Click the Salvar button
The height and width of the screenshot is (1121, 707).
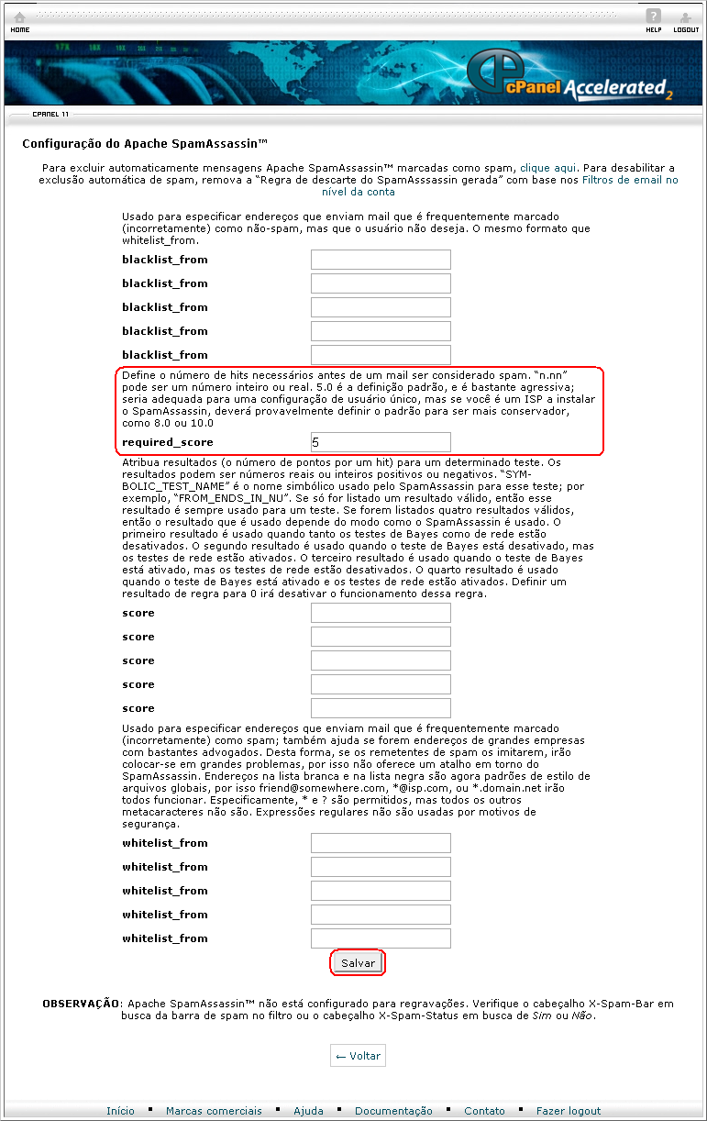pyautogui.click(x=358, y=963)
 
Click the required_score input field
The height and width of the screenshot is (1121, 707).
pyautogui.click(x=381, y=442)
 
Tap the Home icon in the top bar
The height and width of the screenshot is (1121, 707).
pyautogui.click(x=19, y=21)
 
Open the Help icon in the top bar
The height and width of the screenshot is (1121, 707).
pyautogui.click(x=653, y=21)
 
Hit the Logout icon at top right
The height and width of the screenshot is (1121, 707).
pyautogui.click(x=685, y=21)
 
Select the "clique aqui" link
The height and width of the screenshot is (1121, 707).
pyautogui.click(x=548, y=169)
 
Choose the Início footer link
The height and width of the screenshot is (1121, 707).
pyautogui.click(x=120, y=1111)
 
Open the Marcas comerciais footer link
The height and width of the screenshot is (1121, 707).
pyautogui.click(x=214, y=1111)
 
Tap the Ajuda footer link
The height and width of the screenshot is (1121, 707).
pyautogui.click(x=308, y=1111)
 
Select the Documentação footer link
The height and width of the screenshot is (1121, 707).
pyautogui.click(x=393, y=1111)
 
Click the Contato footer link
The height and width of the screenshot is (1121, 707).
pyautogui.click(x=484, y=1111)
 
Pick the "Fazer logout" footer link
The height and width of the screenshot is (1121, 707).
pyautogui.click(x=569, y=1111)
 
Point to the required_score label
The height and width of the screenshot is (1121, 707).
pyautogui.click(x=168, y=442)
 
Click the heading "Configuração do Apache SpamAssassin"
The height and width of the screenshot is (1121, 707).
pyautogui.click(x=145, y=144)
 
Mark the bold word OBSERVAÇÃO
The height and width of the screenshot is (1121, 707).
pyautogui.click(x=81, y=1004)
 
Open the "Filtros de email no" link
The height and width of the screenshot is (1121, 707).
pyautogui.click(x=630, y=181)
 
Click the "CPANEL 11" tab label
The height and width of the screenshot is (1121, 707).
pyautogui.click(x=50, y=115)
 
